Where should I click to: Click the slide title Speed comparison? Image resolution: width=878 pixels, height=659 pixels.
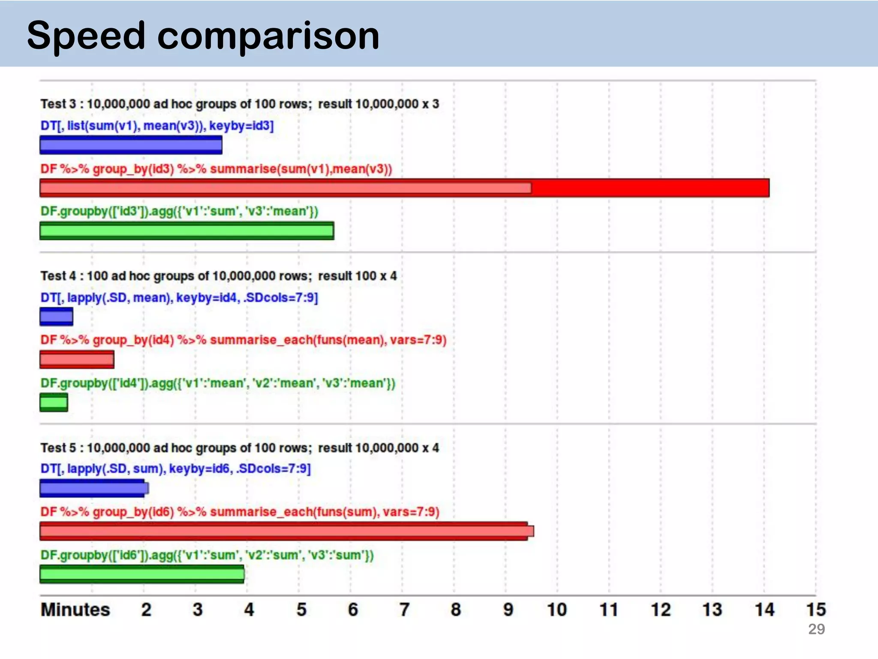203,35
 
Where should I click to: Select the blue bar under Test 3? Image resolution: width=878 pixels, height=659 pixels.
131,145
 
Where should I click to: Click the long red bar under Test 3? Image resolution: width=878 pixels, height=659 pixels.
404,188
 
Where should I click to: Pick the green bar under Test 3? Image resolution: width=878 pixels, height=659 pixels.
186,231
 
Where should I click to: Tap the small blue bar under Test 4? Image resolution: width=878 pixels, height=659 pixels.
56,317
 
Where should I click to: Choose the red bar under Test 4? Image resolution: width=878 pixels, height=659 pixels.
77,360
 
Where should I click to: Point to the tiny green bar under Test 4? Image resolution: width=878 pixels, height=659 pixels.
54,402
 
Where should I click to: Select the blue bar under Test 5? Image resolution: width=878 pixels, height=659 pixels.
93,488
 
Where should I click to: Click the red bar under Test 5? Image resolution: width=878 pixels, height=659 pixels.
286,531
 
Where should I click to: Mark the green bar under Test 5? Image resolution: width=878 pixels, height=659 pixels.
142,574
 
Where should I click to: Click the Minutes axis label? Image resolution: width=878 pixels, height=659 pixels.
75,610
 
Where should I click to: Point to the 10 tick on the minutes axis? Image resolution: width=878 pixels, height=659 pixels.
557,610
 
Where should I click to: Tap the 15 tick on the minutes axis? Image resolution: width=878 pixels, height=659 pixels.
816,610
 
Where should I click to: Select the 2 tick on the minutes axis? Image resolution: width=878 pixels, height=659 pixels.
146,610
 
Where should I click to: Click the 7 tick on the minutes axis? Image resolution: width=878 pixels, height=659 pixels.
404,610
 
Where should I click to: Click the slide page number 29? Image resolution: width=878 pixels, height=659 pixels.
816,629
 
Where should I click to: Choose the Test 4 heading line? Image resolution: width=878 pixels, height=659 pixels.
219,276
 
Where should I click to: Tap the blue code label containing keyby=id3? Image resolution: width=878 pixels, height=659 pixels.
157,126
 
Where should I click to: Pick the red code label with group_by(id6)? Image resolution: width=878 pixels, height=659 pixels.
240,512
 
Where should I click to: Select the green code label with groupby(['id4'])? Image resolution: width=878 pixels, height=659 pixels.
218,383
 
